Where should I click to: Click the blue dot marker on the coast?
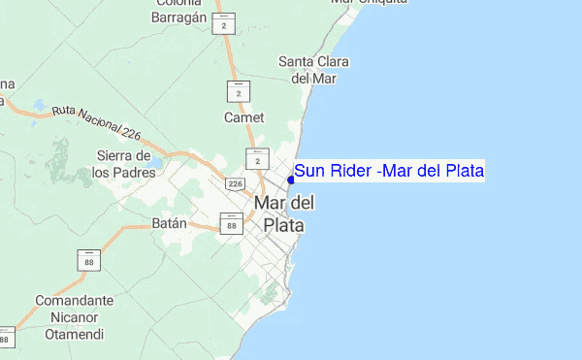click(x=291, y=179)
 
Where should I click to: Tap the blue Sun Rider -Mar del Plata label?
click(x=389, y=172)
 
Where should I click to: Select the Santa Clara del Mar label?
click(x=314, y=70)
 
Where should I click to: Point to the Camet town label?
click(x=243, y=117)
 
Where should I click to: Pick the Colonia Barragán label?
click(x=175, y=9)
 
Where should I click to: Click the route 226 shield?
click(x=236, y=182)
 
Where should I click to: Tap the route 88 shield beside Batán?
click(x=231, y=225)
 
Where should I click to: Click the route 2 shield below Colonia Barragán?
click(x=225, y=24)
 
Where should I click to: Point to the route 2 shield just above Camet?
click(x=239, y=92)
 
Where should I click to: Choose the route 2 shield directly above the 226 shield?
click(x=258, y=159)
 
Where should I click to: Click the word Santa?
click(x=298, y=62)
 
